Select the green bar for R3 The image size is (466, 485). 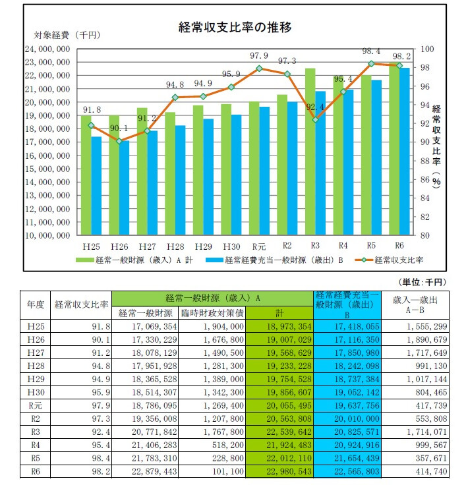pos(310,152)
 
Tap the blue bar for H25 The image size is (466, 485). pos(96,186)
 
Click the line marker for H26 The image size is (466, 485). pos(119,141)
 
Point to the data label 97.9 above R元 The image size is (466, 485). pos(259,55)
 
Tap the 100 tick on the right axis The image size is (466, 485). pos(426,49)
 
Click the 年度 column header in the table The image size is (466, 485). pos(36,304)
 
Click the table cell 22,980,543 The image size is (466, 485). pos(280,472)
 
